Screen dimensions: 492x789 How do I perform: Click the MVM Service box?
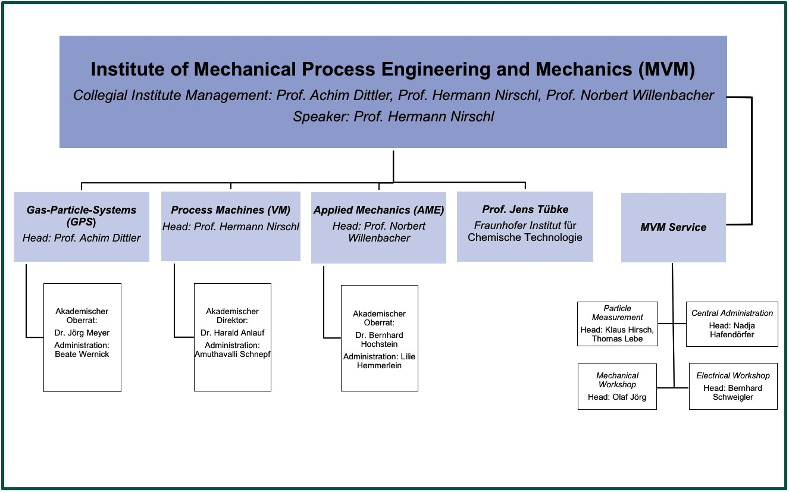tap(673, 227)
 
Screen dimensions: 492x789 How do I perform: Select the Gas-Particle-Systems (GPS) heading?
tap(82, 215)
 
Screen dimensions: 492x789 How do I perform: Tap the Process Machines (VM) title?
tap(230, 210)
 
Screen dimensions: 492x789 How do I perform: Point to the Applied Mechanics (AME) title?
tap(378, 210)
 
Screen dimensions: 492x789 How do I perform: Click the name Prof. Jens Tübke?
tap(525, 209)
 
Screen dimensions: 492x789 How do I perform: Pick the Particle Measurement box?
tap(617, 324)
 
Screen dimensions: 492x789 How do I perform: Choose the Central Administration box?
tap(732, 324)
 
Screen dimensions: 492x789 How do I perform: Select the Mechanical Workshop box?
tap(617, 386)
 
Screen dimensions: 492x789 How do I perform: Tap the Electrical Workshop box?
tap(733, 386)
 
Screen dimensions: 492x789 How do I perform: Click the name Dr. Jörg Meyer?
tap(82, 333)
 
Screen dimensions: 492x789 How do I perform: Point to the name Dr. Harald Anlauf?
tap(232, 333)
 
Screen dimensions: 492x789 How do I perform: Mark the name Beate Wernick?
tap(82, 354)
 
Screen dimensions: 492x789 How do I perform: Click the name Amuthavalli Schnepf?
tap(232, 354)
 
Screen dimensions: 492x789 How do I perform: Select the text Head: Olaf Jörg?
tap(617, 397)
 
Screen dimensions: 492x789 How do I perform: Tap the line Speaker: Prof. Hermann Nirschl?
tap(393, 117)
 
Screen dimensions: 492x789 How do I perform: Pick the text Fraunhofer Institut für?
tap(525, 226)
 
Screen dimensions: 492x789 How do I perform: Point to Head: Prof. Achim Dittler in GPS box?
tap(82, 238)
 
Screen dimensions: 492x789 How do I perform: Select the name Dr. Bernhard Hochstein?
tap(379, 340)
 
